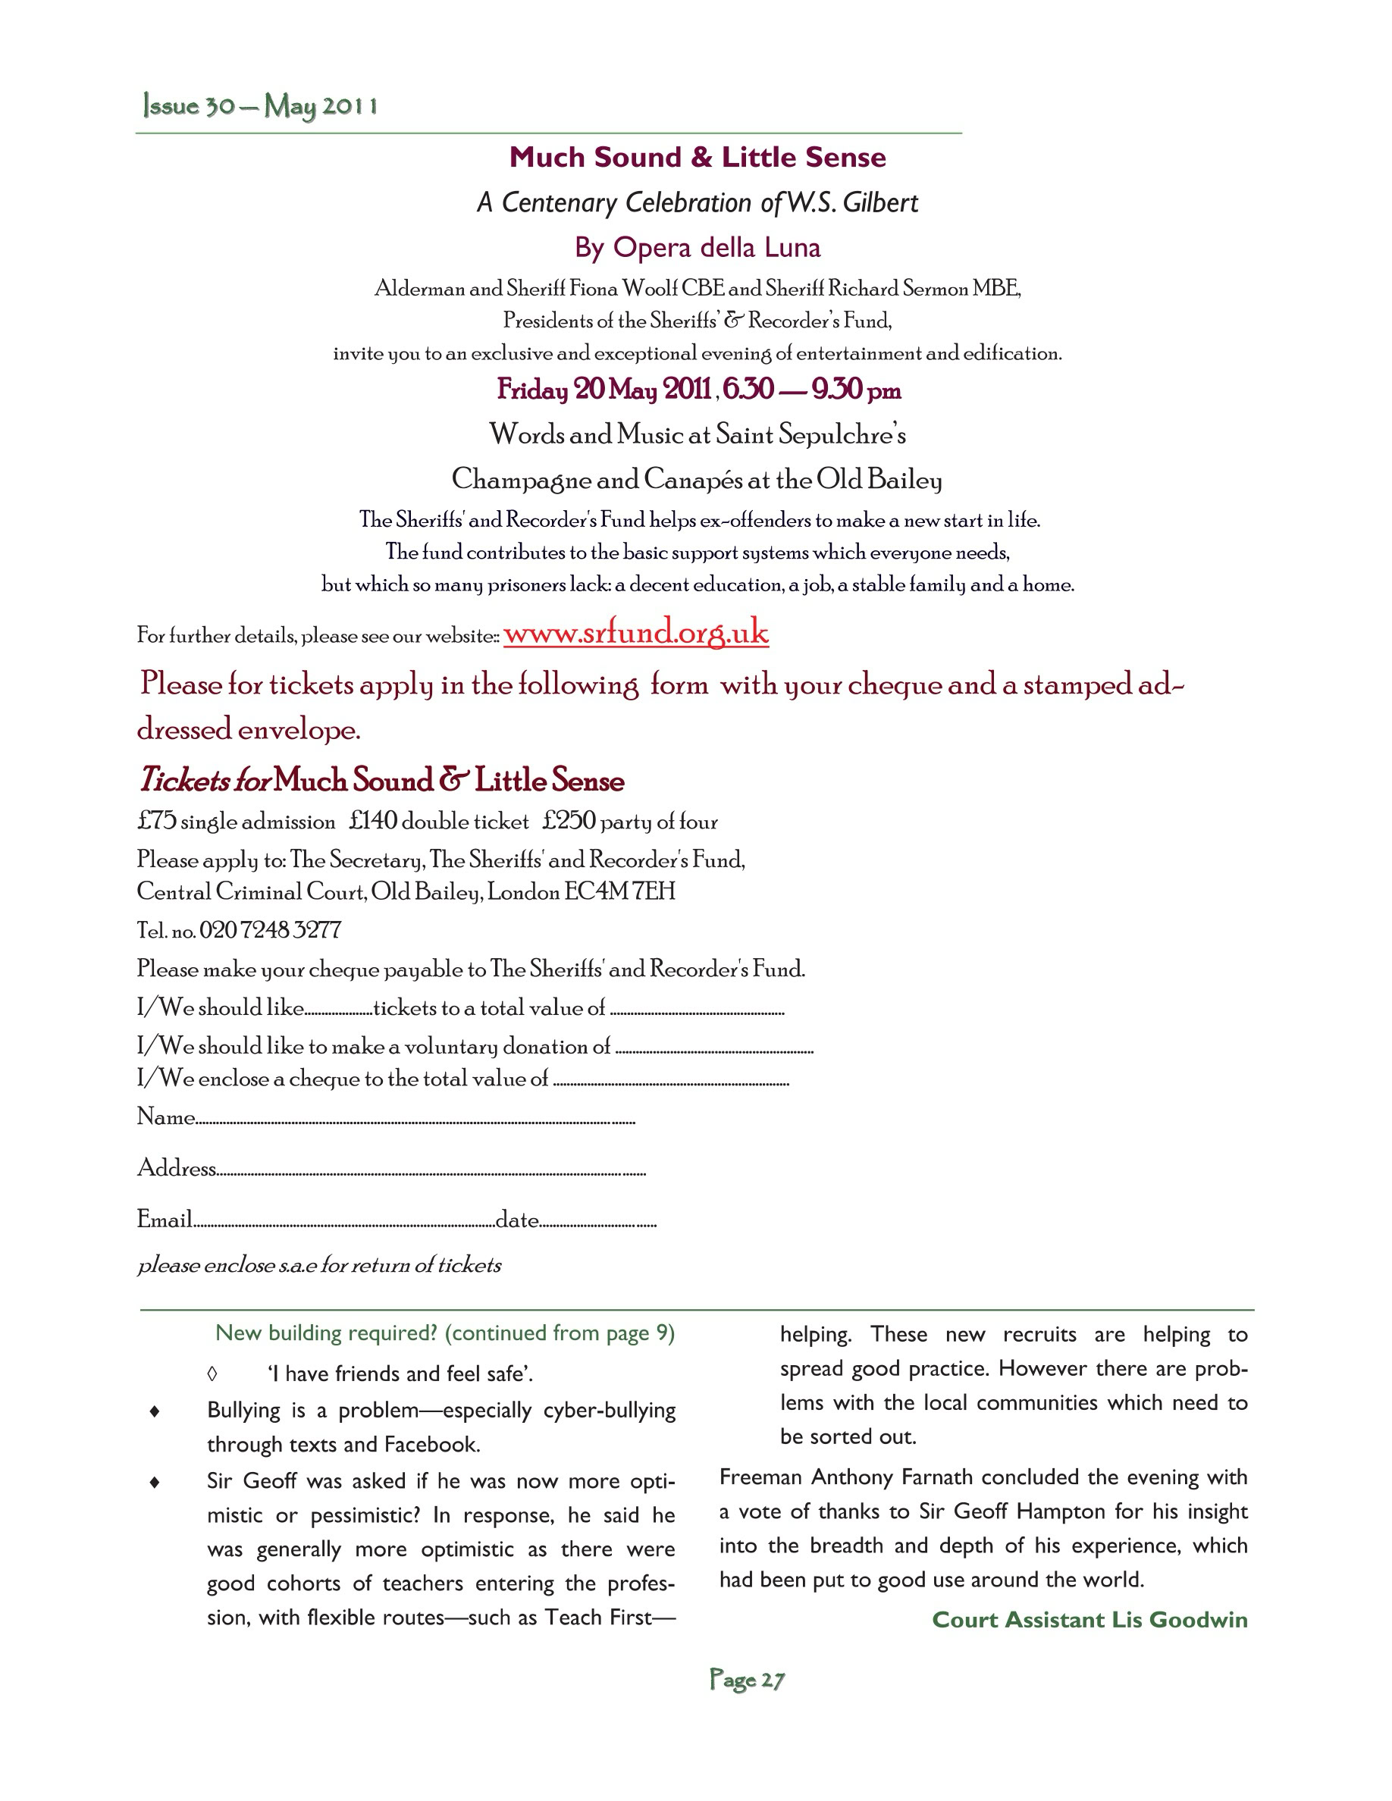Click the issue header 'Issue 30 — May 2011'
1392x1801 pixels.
[260, 106]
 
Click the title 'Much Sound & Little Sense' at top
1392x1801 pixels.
[697, 158]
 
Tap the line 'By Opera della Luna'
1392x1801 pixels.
[697, 247]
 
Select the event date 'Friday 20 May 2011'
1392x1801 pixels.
[604, 389]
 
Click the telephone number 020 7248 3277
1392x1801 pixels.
[270, 930]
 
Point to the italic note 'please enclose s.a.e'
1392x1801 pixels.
[319, 1265]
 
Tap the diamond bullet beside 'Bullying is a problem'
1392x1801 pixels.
[154, 1412]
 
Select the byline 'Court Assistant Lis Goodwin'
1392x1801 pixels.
[1089, 1620]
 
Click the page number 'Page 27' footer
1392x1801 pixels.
[747, 1680]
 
